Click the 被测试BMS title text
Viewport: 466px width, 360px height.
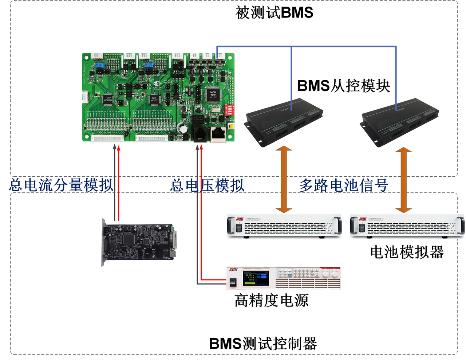274,13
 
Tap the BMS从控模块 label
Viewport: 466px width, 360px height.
346,86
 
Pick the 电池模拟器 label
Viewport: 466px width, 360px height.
407,252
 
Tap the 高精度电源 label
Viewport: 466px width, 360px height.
272,301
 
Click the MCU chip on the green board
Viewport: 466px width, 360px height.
211,94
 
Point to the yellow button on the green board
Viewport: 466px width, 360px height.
230,126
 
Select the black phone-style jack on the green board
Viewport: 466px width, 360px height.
201,133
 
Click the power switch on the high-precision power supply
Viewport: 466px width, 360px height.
233,281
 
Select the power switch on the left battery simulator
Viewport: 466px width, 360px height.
238,228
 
